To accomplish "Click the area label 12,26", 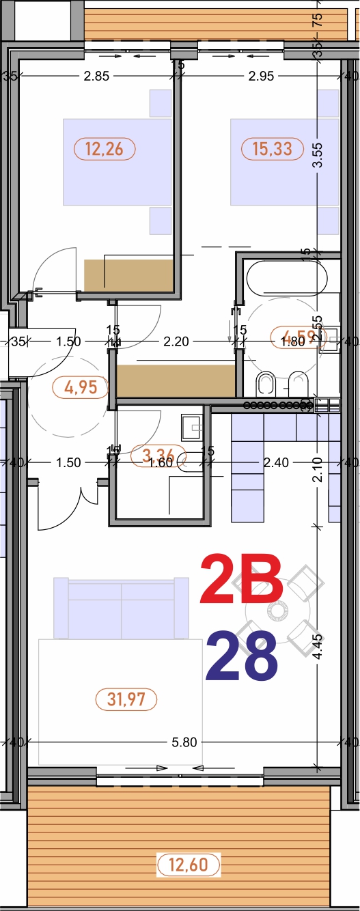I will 104,148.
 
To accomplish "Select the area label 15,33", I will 272,148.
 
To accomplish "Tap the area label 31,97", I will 132,699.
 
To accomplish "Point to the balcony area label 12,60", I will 189,865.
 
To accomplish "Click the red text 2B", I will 241,581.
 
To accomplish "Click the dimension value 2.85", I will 96,76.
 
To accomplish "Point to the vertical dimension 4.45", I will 316,645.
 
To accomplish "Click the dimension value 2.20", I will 176,341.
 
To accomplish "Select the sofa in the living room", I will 121,607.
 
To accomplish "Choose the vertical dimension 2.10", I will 316,469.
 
